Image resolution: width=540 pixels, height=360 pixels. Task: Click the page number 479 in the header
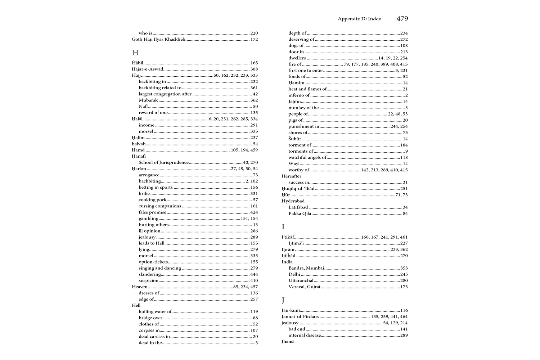coord(402,19)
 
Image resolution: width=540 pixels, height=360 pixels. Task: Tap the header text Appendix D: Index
coord(359,19)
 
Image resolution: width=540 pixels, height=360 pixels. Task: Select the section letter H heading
coord(135,53)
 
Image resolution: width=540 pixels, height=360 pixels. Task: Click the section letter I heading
coord(283,227)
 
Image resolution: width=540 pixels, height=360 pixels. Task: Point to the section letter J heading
coord(283,300)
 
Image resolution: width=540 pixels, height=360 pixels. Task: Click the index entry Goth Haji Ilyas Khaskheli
coord(158,39)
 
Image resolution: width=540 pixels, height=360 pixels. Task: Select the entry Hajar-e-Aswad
coord(148,69)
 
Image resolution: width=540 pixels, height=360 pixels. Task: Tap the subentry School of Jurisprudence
coord(163,162)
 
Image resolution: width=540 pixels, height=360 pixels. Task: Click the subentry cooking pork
coord(153,200)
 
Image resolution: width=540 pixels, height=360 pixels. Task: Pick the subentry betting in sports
coord(156,187)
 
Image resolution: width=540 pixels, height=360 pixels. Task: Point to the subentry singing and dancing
coord(160,268)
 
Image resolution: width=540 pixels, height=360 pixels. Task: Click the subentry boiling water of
coord(155,312)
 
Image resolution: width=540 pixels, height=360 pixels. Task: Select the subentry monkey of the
coord(303,108)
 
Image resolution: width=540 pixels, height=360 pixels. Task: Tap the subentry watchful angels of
coord(307,157)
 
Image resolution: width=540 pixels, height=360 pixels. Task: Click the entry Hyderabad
coord(293,201)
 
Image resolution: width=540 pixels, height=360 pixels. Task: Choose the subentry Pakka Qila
coord(300,213)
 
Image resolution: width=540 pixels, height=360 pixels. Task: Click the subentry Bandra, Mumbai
coord(306,268)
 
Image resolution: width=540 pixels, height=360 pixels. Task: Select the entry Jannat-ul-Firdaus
coord(300,317)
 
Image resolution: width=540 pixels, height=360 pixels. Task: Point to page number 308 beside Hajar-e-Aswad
coord(254,69)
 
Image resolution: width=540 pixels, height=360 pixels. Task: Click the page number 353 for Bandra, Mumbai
coord(404,268)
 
